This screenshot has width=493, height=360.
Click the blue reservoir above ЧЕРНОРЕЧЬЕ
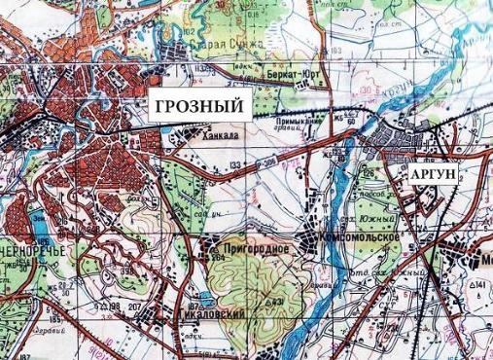click(x=28, y=223)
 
